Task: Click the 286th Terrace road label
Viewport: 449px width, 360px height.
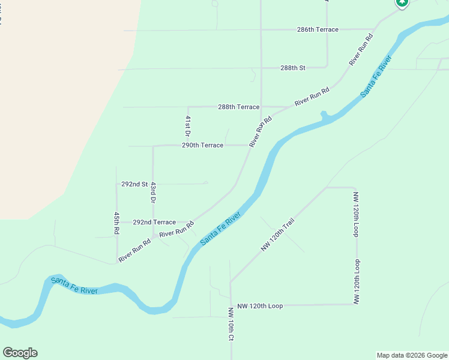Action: pos(318,29)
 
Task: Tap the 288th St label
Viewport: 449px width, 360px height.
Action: pos(293,68)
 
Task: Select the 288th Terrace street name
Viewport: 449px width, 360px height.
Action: pos(238,107)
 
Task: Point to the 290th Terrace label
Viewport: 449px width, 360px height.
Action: pos(202,145)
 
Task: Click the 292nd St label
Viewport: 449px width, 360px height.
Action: pos(134,184)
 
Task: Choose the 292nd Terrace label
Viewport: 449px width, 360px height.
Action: pos(154,222)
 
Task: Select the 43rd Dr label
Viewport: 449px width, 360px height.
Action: pos(153,192)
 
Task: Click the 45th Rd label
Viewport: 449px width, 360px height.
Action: pos(116,222)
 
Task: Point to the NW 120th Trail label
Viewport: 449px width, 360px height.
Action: pos(278,235)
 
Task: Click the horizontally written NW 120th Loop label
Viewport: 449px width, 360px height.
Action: pos(260,306)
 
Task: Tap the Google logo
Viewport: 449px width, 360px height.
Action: pos(20,353)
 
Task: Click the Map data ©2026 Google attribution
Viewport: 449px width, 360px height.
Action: pos(412,355)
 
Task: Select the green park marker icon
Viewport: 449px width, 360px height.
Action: pos(402,3)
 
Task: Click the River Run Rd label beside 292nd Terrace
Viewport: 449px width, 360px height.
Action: pos(176,229)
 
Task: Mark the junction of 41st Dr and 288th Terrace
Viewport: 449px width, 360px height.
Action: pos(188,107)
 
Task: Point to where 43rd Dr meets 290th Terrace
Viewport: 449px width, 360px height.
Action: pos(153,146)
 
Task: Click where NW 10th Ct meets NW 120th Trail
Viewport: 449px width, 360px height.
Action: pos(231,283)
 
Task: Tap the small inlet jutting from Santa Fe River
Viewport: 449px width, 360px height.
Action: pos(324,114)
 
